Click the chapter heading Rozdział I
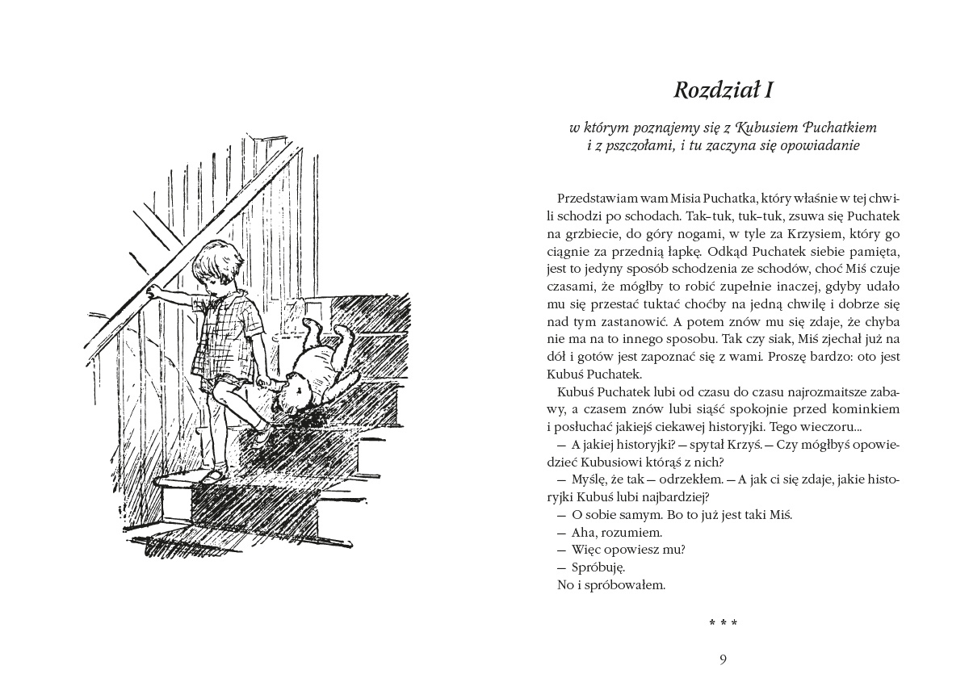(x=724, y=89)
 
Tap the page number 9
(x=724, y=660)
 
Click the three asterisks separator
(x=724, y=623)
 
